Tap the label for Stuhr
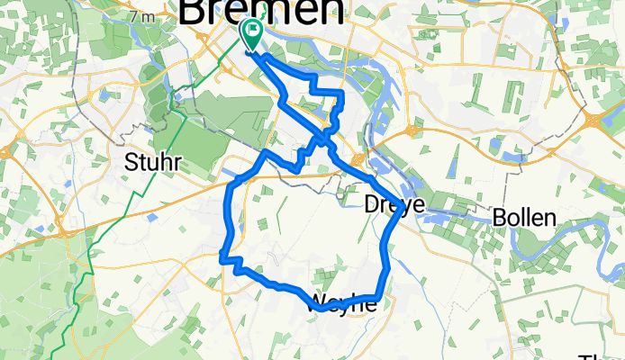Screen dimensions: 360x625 (152, 163)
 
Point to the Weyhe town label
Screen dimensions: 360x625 (342, 303)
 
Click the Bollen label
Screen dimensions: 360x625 (524, 217)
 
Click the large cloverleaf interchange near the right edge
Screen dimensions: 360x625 (595, 121)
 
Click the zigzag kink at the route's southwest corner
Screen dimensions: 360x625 (231, 261)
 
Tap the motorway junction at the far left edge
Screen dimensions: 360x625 (7, 153)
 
